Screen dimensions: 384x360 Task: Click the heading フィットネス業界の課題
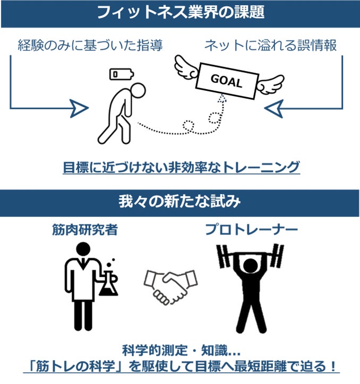[180, 13]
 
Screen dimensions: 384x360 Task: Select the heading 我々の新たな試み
[180, 203]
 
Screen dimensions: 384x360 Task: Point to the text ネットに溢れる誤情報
[271, 45]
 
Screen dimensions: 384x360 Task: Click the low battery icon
[117, 74]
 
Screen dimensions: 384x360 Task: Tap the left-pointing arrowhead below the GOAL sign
[275, 109]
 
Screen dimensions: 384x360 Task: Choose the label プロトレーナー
[251, 230]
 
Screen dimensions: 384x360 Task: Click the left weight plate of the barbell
[223, 255]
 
